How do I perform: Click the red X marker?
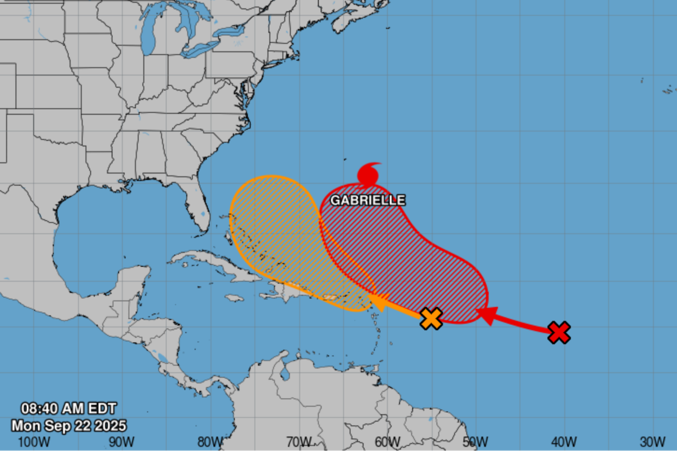(559, 333)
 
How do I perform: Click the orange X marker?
(432, 319)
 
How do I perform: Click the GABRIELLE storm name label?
(367, 200)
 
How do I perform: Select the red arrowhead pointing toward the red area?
(487, 316)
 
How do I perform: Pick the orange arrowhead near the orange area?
(378, 304)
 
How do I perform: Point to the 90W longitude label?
(121, 441)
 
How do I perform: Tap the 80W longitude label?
(209, 441)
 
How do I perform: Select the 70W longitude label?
(298, 441)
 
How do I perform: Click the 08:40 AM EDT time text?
(68, 408)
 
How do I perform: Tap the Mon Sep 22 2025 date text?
(68, 425)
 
